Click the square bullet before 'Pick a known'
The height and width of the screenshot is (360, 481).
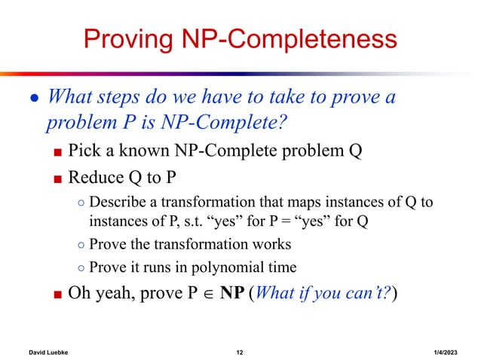tap(57, 151)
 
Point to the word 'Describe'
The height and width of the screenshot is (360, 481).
tap(115, 205)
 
